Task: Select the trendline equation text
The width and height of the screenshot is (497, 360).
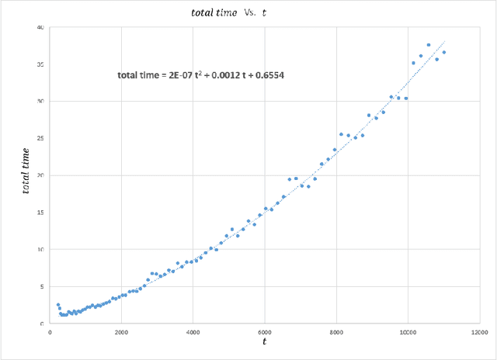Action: tap(206, 75)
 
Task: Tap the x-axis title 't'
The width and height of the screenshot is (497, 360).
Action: tap(264, 341)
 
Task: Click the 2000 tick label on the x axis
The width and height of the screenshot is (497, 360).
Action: tap(120, 332)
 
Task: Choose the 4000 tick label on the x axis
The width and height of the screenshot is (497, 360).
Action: tap(193, 332)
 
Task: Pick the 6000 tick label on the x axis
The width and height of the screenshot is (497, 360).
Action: tap(265, 332)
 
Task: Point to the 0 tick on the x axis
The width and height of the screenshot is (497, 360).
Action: tap(49, 332)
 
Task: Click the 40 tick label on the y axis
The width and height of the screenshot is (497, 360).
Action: tap(40, 27)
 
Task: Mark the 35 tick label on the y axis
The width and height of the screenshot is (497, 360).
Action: tap(40, 64)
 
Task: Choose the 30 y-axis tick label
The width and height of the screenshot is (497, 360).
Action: tap(40, 101)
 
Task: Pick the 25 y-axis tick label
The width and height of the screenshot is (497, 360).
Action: tap(40, 138)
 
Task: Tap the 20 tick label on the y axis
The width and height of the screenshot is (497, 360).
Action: tap(40, 175)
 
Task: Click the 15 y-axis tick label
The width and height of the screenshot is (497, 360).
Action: tap(40, 212)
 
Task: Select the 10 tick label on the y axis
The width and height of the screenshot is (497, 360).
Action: tap(40, 249)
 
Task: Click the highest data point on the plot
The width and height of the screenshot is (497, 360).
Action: tap(429, 45)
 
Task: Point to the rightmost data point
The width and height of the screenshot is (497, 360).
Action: tap(444, 53)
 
